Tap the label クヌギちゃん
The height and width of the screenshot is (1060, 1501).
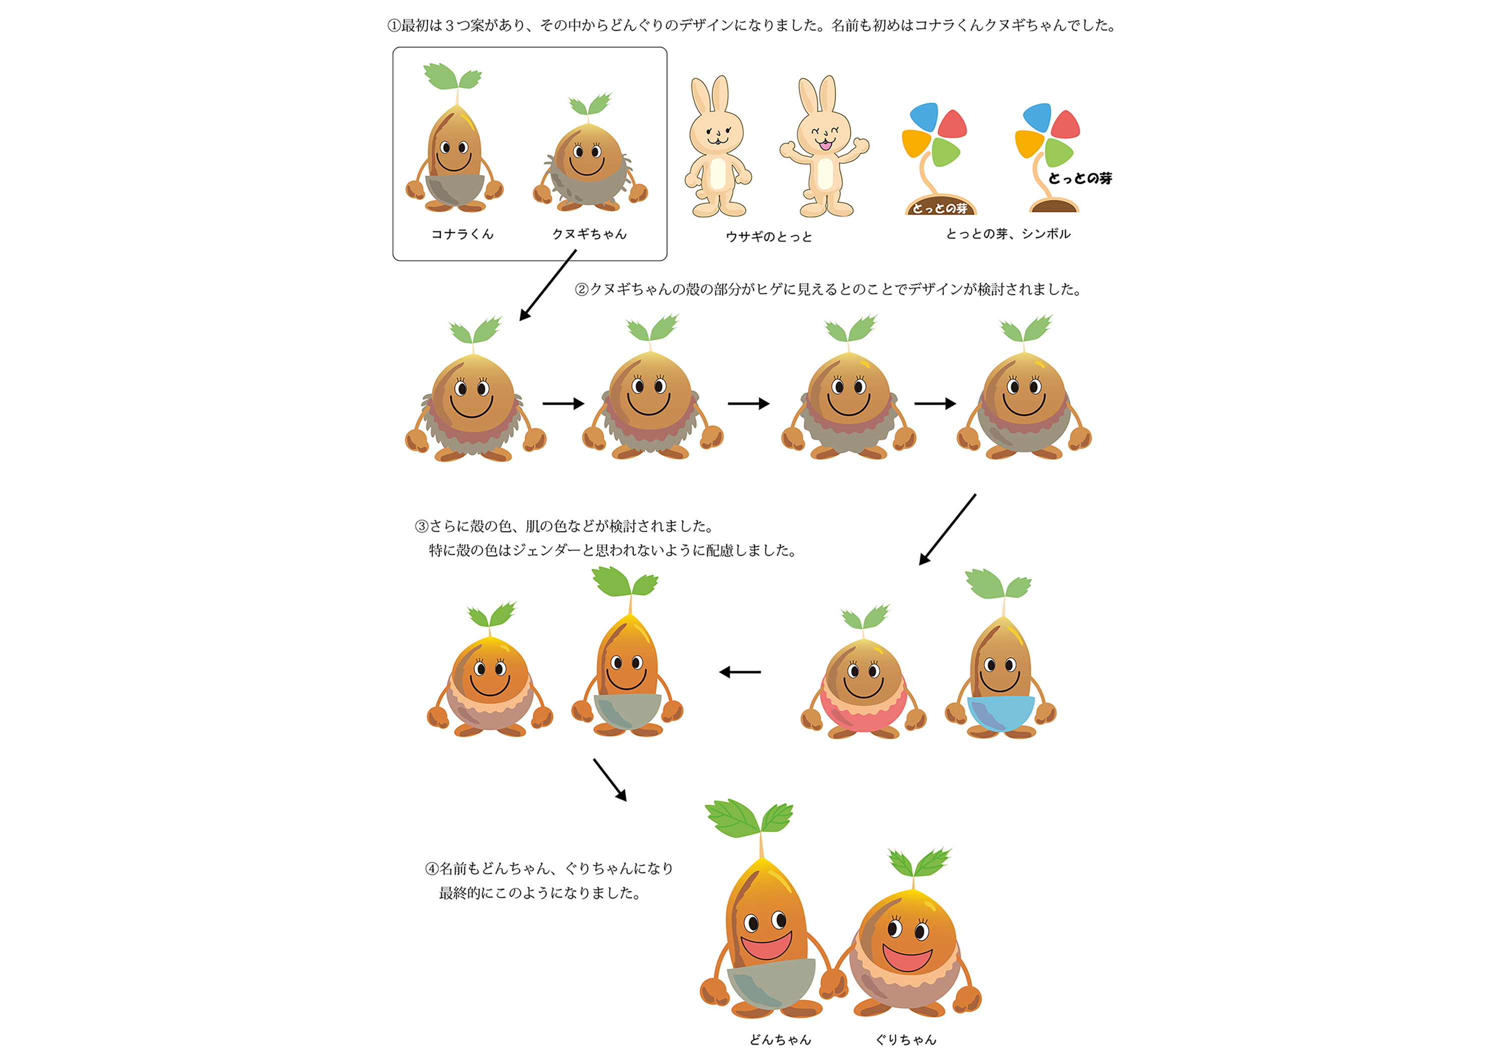[589, 234]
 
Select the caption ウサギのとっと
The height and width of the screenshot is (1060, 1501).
[769, 237]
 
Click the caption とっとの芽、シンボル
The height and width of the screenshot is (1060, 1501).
[1008, 234]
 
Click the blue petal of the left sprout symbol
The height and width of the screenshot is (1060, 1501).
[924, 118]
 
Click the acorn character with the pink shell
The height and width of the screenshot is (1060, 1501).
[864, 683]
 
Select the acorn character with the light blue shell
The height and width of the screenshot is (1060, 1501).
[1000, 680]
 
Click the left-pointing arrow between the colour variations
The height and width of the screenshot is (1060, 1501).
[740, 672]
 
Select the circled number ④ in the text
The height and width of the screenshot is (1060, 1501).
[431, 868]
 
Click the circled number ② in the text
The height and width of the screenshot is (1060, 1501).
[581, 290]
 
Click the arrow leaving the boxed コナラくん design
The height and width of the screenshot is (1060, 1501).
[548, 285]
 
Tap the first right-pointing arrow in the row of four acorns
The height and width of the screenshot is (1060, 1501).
[563, 404]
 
